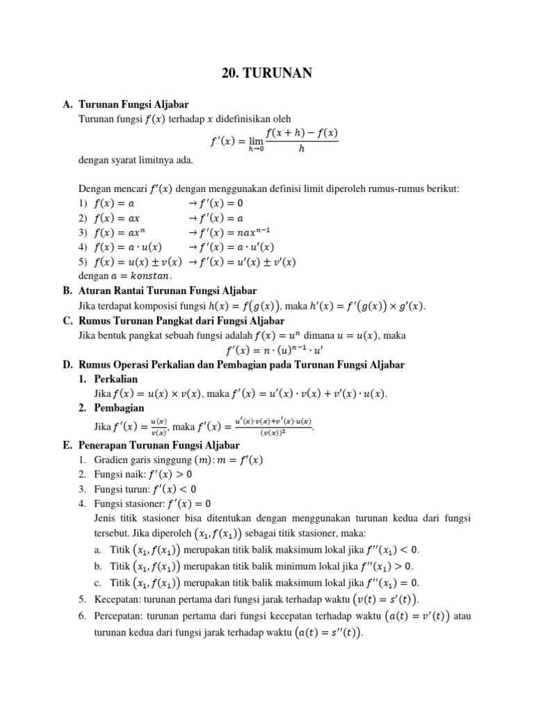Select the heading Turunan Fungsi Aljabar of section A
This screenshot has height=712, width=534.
133,104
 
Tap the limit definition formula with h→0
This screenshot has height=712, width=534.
274,140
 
